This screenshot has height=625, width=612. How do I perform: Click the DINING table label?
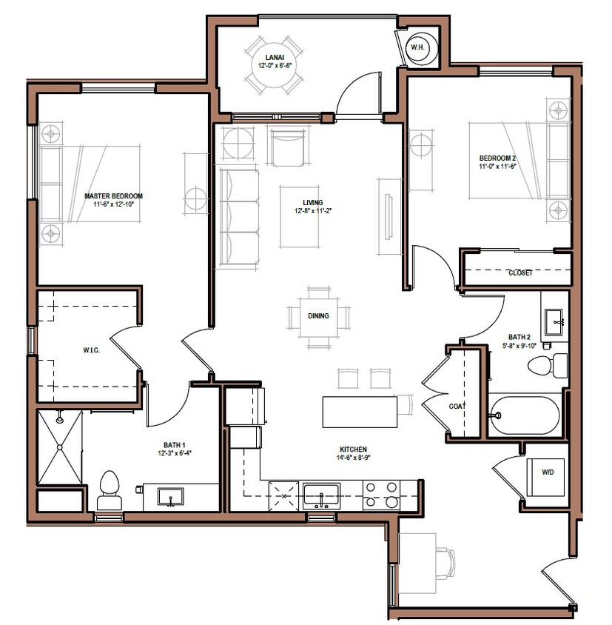pyautogui.click(x=318, y=316)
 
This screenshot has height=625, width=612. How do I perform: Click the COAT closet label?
pyautogui.click(x=457, y=406)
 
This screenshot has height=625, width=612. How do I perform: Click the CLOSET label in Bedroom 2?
pyautogui.click(x=519, y=273)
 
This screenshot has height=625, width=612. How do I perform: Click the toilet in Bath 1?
pyautogui.click(x=110, y=489)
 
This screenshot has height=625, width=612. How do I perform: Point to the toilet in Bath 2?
pyautogui.click(x=551, y=364)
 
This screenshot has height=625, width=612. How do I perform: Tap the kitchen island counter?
pyautogui.click(x=360, y=412)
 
